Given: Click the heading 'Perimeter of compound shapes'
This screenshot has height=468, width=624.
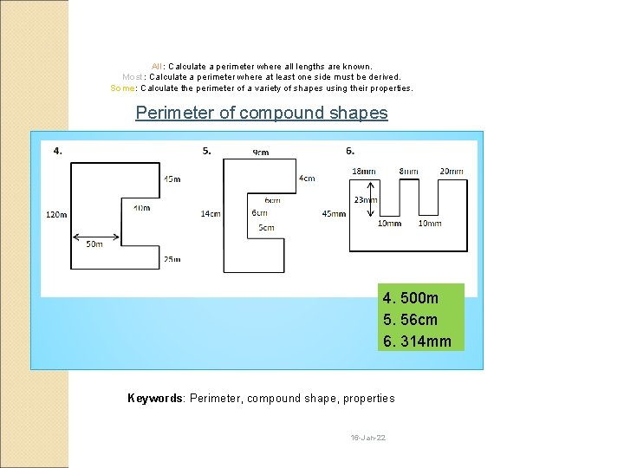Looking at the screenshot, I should (x=262, y=113).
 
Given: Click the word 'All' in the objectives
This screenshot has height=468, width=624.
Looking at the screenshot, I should (x=158, y=66).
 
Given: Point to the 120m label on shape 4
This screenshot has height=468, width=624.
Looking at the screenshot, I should (x=56, y=214).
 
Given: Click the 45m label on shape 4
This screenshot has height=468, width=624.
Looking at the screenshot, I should (x=172, y=179).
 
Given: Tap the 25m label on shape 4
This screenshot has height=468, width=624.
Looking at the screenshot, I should (x=172, y=259).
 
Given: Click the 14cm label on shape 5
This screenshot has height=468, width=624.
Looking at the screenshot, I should (x=210, y=213).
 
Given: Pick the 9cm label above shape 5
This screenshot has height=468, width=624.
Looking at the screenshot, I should (x=260, y=153).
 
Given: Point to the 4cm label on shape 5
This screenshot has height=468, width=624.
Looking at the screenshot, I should (x=307, y=179).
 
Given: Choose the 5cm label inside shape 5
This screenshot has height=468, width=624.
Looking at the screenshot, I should (x=266, y=228).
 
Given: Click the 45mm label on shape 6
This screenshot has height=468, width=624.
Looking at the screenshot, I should (x=334, y=213).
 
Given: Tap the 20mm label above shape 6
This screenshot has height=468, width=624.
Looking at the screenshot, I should (x=452, y=172).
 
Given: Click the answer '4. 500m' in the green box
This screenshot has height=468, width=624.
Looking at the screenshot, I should (x=411, y=298).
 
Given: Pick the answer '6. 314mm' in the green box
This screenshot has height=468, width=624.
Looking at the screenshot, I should (x=417, y=341).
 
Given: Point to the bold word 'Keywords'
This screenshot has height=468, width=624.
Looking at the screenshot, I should (x=155, y=399).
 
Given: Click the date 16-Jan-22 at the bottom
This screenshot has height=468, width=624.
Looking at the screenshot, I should (x=368, y=438).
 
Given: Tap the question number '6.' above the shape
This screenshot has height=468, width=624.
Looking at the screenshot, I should (x=350, y=151).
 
